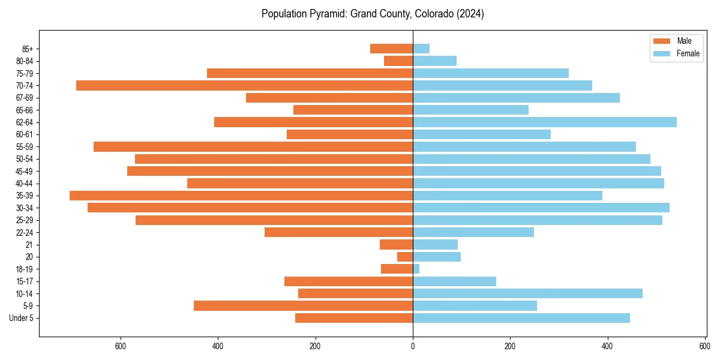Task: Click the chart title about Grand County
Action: click(373, 14)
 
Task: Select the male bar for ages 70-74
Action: click(244, 85)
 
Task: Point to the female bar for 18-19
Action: click(416, 269)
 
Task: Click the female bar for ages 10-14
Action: click(527, 293)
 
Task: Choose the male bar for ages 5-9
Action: click(303, 305)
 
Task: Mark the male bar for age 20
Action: click(405, 257)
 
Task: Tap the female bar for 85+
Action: click(421, 49)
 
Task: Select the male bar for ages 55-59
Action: click(253, 146)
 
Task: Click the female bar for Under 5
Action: click(521, 318)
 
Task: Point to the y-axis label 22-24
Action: click(25, 232)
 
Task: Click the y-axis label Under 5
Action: click(22, 318)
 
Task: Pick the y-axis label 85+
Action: click(26, 49)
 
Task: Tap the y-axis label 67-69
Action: click(25, 98)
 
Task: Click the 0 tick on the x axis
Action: click(413, 346)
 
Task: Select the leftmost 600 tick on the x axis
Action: click(121, 346)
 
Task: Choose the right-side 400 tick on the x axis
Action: click(608, 346)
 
